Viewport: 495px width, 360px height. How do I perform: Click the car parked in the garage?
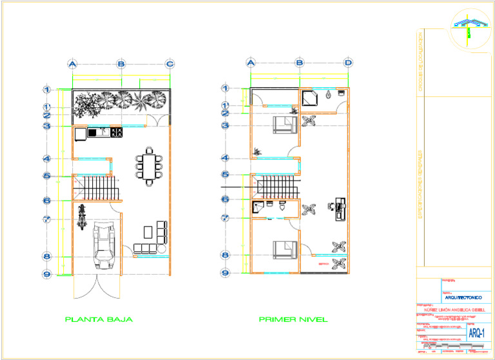105,245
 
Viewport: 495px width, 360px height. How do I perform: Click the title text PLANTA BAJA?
99,319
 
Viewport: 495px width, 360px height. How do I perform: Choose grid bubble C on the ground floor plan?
170,63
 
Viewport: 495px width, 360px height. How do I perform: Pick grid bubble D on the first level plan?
348,63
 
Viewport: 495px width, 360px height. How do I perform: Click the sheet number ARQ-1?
476,333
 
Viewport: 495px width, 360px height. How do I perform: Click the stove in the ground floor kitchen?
117,133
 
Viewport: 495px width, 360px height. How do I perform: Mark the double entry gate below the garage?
95,287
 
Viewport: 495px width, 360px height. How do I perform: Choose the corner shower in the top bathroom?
309,97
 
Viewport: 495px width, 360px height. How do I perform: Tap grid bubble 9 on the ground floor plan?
46,274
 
